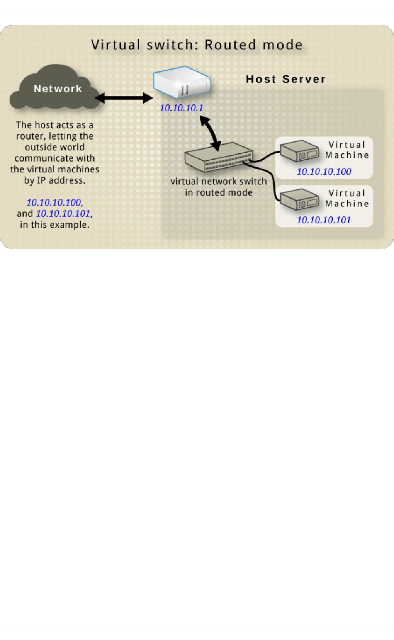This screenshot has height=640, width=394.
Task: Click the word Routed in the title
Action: pyautogui.click(x=230, y=45)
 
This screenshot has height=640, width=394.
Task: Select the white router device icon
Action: pyautogui.click(x=182, y=82)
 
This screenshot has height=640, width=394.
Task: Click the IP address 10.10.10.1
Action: pyautogui.click(x=181, y=108)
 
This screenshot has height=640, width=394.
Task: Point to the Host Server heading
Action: pyautogui.click(x=286, y=79)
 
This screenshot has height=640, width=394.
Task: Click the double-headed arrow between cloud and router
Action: pyautogui.click(x=124, y=98)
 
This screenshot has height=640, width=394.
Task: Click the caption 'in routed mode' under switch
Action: pyautogui.click(x=219, y=192)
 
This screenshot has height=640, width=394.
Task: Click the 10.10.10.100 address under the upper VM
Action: pyautogui.click(x=324, y=172)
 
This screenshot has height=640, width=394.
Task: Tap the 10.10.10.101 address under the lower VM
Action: pyautogui.click(x=324, y=220)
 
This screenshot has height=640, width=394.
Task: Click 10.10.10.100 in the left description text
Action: pyautogui.click(x=54, y=203)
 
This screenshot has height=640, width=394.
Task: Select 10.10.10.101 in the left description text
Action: pyautogui.click(x=63, y=214)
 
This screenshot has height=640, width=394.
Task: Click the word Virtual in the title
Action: pyautogui.click(x=115, y=45)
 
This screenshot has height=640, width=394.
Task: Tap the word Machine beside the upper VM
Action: pyautogui.click(x=347, y=155)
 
